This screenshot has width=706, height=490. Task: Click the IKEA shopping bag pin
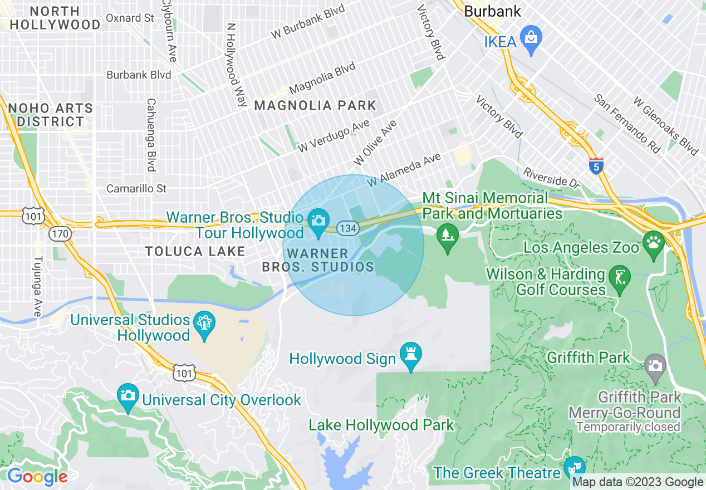click(x=531, y=39)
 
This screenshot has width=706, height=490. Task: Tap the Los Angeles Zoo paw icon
click(x=653, y=243)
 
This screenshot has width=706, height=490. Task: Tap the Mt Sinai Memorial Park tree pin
click(x=447, y=234)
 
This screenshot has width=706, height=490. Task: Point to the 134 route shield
click(x=347, y=228)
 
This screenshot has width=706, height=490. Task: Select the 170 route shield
click(x=59, y=234)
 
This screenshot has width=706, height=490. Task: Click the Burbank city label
click(x=492, y=11)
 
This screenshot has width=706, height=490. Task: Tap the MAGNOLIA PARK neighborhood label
click(x=315, y=105)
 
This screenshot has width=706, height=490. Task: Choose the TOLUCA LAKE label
click(x=195, y=251)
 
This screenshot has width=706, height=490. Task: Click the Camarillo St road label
click(x=136, y=189)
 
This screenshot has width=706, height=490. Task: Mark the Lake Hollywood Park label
click(x=381, y=425)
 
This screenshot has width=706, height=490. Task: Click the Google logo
click(x=37, y=477)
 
